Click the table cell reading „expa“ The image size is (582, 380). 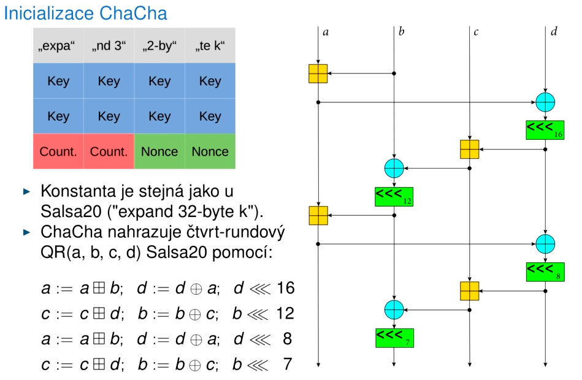point(58,45)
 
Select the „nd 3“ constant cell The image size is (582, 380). point(109,45)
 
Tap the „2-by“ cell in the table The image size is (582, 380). point(159,45)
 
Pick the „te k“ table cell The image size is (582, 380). point(210,45)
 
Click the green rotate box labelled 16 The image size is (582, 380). point(545,129)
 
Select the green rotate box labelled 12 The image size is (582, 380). point(394,196)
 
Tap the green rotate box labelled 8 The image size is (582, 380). point(545,271)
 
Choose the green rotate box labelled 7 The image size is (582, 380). point(394,338)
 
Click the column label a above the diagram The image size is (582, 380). point(326,31)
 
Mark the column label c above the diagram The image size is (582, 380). point(476,31)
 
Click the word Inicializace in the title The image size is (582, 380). point(47,13)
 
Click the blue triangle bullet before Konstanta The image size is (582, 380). point(26,192)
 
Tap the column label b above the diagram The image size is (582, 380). point(401,31)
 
